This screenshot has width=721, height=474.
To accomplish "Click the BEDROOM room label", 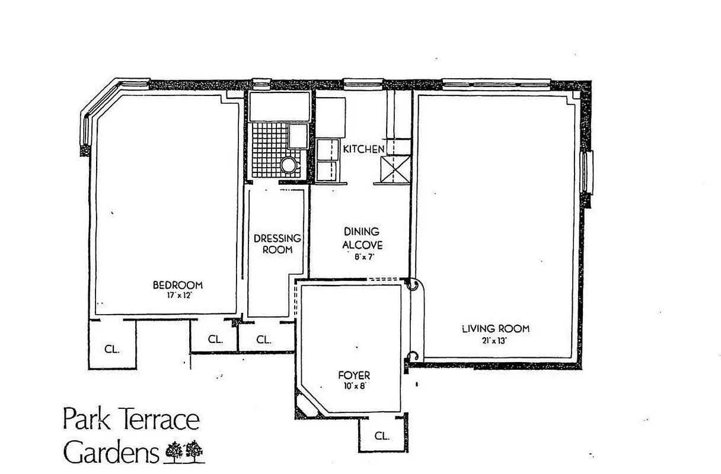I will (x=178, y=285).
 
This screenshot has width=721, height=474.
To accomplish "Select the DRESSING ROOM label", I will (x=277, y=244).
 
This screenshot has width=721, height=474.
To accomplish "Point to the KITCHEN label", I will (x=363, y=149).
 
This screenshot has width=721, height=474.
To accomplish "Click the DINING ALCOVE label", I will (x=361, y=238).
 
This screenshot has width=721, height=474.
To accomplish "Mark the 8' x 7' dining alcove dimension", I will (x=361, y=257).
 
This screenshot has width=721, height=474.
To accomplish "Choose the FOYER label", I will (x=354, y=375).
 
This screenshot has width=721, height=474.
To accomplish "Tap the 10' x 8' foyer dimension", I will (x=355, y=386).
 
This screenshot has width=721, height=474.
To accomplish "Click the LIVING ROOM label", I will (x=496, y=329).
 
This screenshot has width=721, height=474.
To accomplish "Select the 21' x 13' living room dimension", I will (x=496, y=340).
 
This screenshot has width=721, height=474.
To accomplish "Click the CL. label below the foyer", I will (x=382, y=436).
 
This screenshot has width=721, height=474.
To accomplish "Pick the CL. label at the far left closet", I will (x=112, y=349).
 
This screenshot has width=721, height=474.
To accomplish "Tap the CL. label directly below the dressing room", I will (x=264, y=340).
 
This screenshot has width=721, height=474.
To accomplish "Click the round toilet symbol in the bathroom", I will (x=288, y=164).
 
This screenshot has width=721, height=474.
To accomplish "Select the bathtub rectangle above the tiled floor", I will (x=279, y=107).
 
